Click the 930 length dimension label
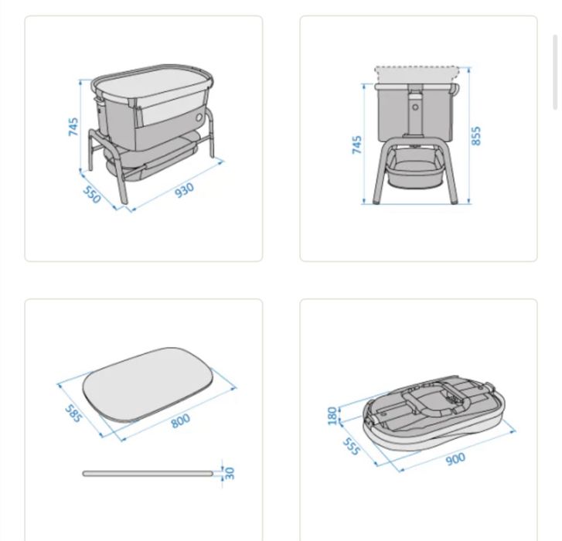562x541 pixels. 184,190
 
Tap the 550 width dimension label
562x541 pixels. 92,195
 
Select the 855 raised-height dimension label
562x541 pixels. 476,136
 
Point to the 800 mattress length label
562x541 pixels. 181,421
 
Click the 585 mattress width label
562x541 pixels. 74,413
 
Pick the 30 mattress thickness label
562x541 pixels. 230,473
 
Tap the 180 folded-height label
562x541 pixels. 332,416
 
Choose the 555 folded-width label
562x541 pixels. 351,447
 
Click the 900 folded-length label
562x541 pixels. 455,459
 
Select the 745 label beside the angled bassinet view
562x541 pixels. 73,127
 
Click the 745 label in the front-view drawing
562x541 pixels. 357,145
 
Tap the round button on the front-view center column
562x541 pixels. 415,107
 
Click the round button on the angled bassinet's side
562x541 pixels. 199,117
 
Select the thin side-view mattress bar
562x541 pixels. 148,474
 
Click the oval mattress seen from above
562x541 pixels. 148,384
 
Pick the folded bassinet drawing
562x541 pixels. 434,412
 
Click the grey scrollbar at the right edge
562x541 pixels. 557,71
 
